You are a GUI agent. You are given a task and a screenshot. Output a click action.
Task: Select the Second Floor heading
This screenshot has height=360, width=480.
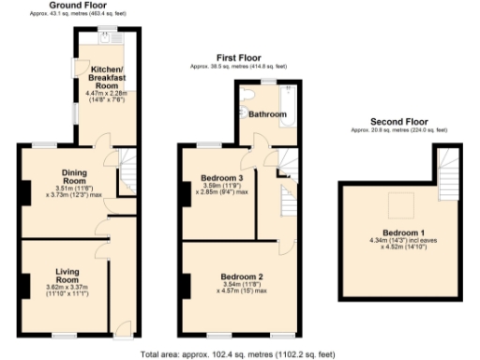tap(398, 121)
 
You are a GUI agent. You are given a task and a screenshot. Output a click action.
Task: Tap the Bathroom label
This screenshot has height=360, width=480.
tap(266, 113)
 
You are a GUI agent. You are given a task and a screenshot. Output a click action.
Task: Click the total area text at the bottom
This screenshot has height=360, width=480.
tap(237, 354)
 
